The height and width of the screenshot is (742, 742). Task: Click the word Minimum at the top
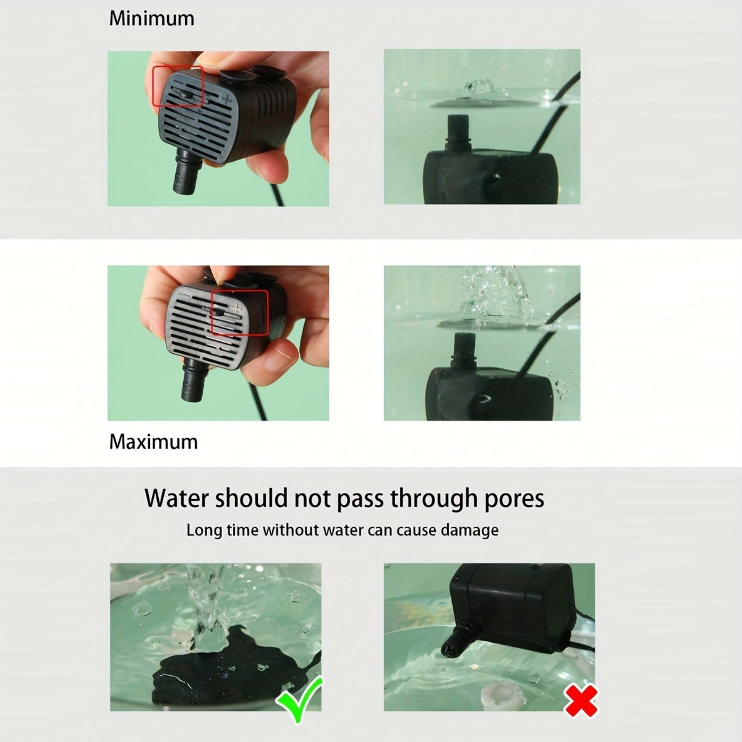click(x=151, y=19)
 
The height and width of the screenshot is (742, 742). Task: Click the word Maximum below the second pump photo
click(x=153, y=442)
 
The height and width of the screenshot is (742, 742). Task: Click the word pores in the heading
click(x=514, y=499)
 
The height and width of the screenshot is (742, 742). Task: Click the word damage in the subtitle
click(x=469, y=531)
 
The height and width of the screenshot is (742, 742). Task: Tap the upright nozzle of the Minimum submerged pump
click(x=457, y=131)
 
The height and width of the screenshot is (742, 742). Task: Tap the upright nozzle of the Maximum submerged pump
click(x=464, y=349)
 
